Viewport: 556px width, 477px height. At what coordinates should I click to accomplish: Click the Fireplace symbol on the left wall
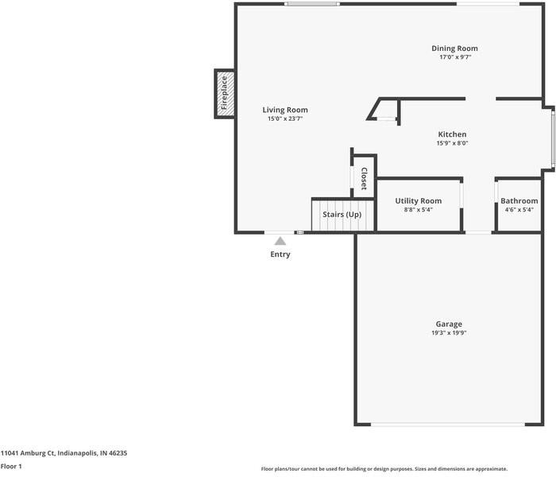[224, 93]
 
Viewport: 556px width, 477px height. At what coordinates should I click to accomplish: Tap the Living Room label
[285, 110]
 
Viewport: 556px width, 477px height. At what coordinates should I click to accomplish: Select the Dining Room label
[454, 48]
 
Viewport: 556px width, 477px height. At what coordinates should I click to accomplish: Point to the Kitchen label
[452, 134]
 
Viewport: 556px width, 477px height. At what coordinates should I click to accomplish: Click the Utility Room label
[418, 201]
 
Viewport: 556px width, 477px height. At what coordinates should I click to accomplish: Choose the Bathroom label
[519, 201]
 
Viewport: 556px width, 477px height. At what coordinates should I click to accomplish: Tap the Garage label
[449, 324]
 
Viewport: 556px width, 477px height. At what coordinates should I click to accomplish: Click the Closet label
[364, 178]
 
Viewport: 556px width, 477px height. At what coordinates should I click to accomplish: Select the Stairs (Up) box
[342, 215]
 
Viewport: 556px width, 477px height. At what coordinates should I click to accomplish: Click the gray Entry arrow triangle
[280, 240]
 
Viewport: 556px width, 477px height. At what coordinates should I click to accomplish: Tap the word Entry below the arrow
[280, 254]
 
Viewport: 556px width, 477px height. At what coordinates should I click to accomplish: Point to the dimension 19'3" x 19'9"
[449, 333]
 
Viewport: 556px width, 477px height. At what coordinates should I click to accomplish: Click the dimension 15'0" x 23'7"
[285, 118]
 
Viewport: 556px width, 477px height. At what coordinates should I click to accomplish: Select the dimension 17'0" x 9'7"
[454, 57]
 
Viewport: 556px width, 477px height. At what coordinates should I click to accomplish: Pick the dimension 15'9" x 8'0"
[452, 143]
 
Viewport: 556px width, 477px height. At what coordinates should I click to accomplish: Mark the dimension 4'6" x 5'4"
[519, 210]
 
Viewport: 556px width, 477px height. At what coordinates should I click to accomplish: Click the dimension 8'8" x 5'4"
[418, 210]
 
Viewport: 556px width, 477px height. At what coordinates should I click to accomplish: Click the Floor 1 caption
[11, 467]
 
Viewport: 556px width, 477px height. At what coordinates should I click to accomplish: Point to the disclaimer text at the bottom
[384, 469]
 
